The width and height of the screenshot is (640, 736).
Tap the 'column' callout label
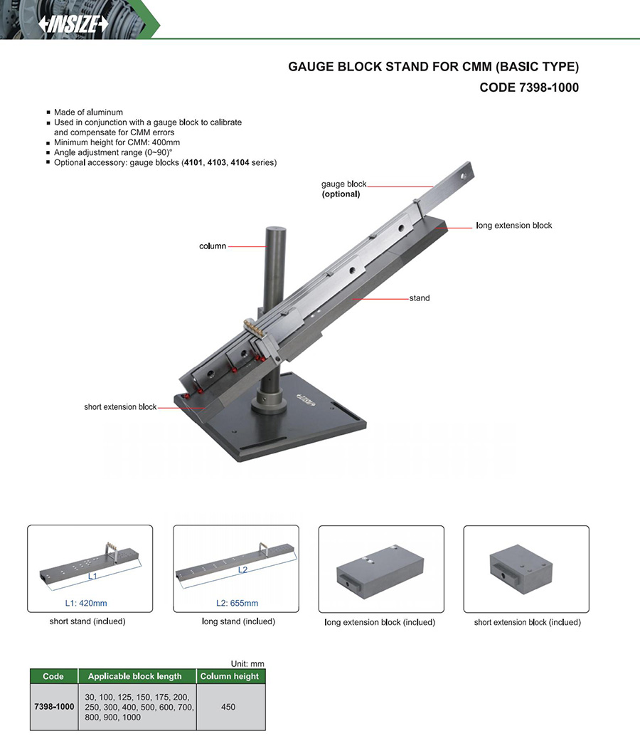click(x=213, y=246)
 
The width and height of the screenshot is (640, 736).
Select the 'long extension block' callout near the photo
click(x=513, y=226)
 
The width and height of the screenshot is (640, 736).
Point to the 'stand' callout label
click(x=420, y=298)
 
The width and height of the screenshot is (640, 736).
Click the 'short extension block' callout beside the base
click(x=120, y=407)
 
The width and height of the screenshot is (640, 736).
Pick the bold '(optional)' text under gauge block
click(x=341, y=194)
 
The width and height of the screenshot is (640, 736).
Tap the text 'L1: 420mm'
click(x=87, y=603)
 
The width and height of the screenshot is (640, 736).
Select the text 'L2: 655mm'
click(x=237, y=603)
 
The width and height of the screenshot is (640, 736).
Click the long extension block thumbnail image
click(x=381, y=569)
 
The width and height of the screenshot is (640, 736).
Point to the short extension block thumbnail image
click(x=526, y=569)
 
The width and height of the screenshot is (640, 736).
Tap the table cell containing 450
click(x=228, y=707)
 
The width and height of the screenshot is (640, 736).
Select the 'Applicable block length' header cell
click(x=135, y=676)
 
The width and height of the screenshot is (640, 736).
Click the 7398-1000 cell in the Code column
click(x=54, y=707)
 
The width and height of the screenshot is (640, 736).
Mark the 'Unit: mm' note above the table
click(x=247, y=663)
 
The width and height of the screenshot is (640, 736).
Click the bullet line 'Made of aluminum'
click(x=88, y=112)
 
